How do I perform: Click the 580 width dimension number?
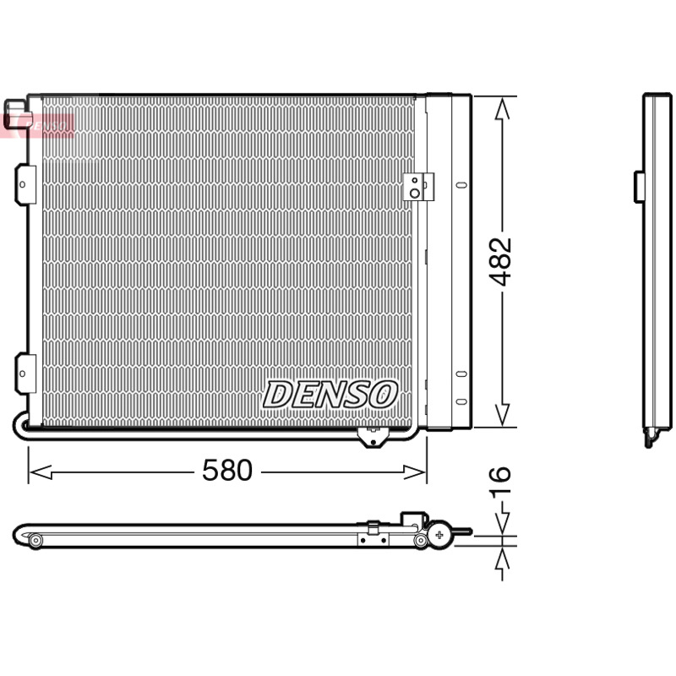(x=227, y=470)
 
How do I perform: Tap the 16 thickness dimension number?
(x=500, y=482)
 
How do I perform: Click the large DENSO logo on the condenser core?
(x=330, y=394)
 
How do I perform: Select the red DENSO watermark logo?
(x=38, y=126)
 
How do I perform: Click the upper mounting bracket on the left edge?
(x=25, y=184)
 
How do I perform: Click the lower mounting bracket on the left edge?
(x=25, y=373)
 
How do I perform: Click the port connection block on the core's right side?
(x=418, y=187)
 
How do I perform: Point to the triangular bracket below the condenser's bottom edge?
(x=373, y=437)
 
